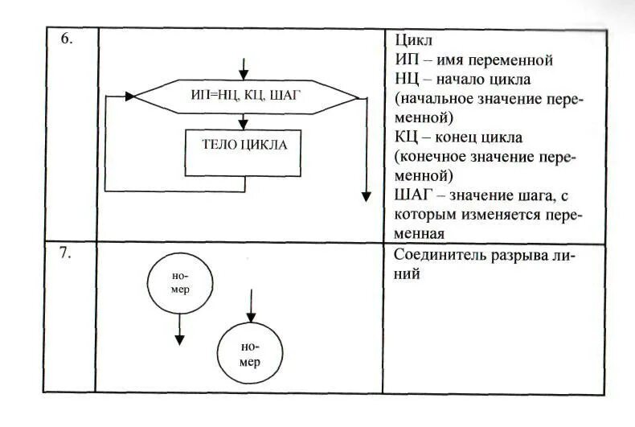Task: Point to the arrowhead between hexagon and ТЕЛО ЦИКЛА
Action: [244, 125]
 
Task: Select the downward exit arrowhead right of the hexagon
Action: [367, 195]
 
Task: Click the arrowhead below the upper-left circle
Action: [180, 339]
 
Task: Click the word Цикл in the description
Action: [413, 39]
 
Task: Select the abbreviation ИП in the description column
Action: [406, 60]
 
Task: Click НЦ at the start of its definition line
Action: [406, 80]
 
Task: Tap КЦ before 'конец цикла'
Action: [406, 138]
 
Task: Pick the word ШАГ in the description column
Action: [412, 196]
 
